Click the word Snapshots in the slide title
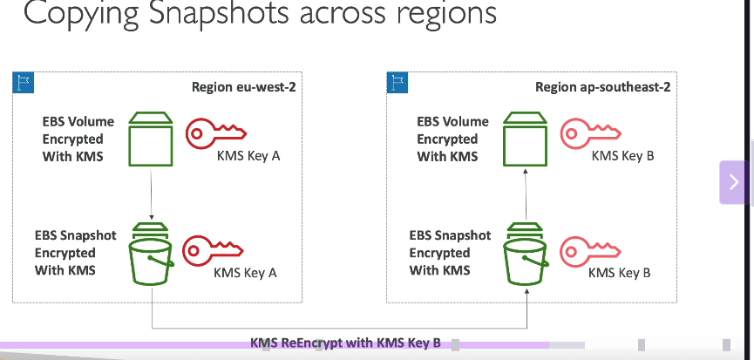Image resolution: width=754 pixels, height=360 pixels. (x=219, y=13)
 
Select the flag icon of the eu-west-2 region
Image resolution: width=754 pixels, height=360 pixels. (x=24, y=83)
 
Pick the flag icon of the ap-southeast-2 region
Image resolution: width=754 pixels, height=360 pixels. (x=397, y=83)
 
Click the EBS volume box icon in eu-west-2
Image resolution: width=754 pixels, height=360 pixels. (x=151, y=139)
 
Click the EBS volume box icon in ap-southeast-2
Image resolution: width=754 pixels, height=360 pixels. (x=525, y=139)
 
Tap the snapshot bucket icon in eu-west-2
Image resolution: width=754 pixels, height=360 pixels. (x=151, y=254)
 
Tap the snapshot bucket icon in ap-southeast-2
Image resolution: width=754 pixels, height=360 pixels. (x=526, y=254)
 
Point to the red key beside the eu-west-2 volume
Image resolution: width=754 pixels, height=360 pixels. (x=216, y=132)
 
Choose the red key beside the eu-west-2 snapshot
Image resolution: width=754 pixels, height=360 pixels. (x=213, y=250)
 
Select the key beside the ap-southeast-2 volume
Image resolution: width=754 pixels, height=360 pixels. (x=590, y=132)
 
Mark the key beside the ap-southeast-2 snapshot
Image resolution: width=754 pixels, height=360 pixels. (x=590, y=251)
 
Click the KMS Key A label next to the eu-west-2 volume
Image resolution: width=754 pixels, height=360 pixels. (x=248, y=156)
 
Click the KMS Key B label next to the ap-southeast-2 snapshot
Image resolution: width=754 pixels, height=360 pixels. (x=620, y=273)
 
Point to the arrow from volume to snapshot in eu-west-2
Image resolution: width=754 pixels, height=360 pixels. (x=152, y=194)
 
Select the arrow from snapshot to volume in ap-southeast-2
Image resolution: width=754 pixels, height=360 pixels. (x=526, y=194)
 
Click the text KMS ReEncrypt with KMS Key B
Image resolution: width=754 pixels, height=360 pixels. (x=345, y=343)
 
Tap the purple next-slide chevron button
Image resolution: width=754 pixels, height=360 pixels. (x=734, y=182)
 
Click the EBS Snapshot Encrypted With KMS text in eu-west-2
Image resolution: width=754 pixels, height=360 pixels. (x=76, y=253)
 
